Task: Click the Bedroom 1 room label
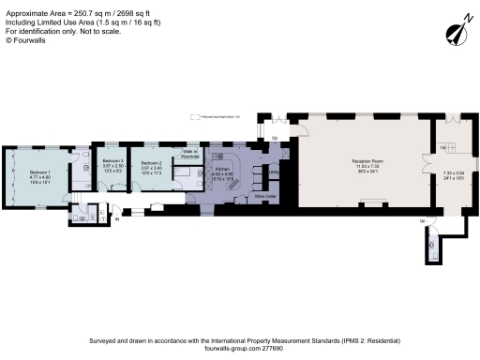point(38,172)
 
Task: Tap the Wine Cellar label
point(263,197)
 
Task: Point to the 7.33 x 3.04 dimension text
point(454,172)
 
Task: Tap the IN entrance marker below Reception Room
point(423,221)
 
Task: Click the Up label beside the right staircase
point(442,148)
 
